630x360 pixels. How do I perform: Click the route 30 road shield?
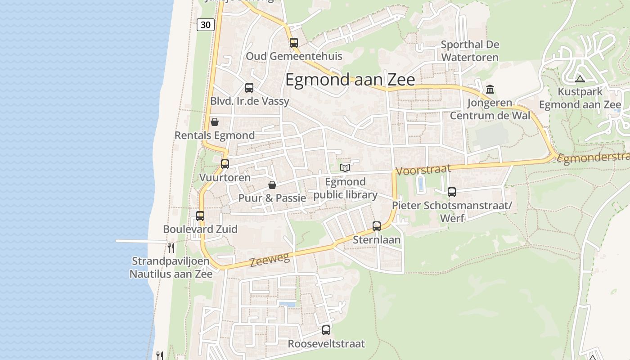pyautogui.click(x=205, y=25)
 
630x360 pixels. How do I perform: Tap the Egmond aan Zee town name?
pyautogui.click(x=350, y=80)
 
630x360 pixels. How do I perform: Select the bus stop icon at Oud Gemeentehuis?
pyautogui.click(x=294, y=43)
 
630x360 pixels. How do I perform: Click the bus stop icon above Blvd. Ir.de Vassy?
pyautogui.click(x=249, y=88)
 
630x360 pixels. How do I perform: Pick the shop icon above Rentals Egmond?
pyautogui.click(x=215, y=122)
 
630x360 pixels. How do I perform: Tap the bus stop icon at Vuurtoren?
pyautogui.click(x=225, y=164)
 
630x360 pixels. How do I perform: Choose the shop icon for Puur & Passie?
pyautogui.click(x=272, y=185)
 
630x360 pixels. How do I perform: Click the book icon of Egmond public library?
pyautogui.click(x=345, y=168)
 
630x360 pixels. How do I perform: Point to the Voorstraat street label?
pyautogui.click(x=423, y=170)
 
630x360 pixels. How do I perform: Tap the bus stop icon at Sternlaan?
pyautogui.click(x=377, y=226)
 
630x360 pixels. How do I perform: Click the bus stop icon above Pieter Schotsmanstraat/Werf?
pyautogui.click(x=452, y=192)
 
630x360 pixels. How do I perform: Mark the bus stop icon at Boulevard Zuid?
pyautogui.click(x=200, y=216)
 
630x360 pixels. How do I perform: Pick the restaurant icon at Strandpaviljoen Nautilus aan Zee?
pyautogui.click(x=171, y=247)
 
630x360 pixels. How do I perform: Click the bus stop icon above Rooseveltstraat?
pyautogui.click(x=326, y=330)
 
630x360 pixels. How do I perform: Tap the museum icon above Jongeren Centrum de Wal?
pyautogui.click(x=490, y=89)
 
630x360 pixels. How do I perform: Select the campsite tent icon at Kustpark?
pyautogui.click(x=580, y=79)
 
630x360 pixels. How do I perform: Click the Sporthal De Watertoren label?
pyautogui.click(x=470, y=51)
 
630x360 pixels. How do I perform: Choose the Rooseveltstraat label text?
pyautogui.click(x=326, y=344)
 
